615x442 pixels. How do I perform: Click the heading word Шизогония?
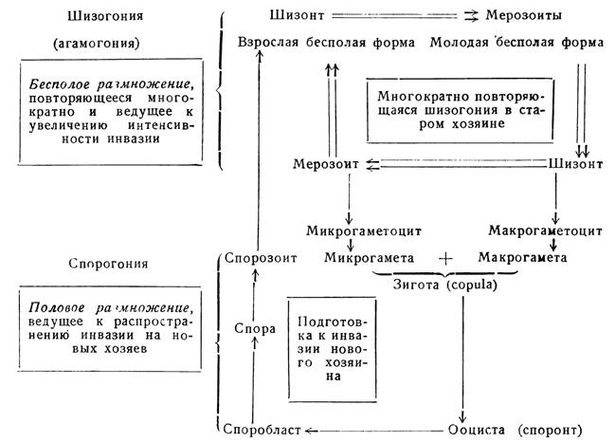coord(105,16)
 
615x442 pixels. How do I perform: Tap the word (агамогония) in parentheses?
coord(97,43)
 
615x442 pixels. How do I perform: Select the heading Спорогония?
coord(108,264)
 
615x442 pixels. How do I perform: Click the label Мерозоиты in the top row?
coord(524,15)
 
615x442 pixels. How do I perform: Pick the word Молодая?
coord(459,42)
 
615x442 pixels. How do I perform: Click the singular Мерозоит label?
coord(326,164)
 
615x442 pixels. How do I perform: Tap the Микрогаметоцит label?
coord(364,230)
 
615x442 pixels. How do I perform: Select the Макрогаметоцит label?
coord(545,230)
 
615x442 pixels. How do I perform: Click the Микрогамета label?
coord(369,258)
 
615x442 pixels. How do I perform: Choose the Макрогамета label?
coord(522,257)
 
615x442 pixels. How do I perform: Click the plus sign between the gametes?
coord(445,258)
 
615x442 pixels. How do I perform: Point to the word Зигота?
coord(416,285)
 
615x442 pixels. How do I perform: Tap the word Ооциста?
coord(476,430)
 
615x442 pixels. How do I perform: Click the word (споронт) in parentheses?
coord(550,431)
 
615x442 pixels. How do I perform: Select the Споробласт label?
coord(262,430)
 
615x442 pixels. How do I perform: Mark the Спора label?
coord(255,328)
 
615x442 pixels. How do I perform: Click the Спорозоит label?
coord(261,258)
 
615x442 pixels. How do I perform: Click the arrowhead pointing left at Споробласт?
coord(309,431)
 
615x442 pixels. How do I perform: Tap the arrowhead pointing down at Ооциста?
coord(462,417)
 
